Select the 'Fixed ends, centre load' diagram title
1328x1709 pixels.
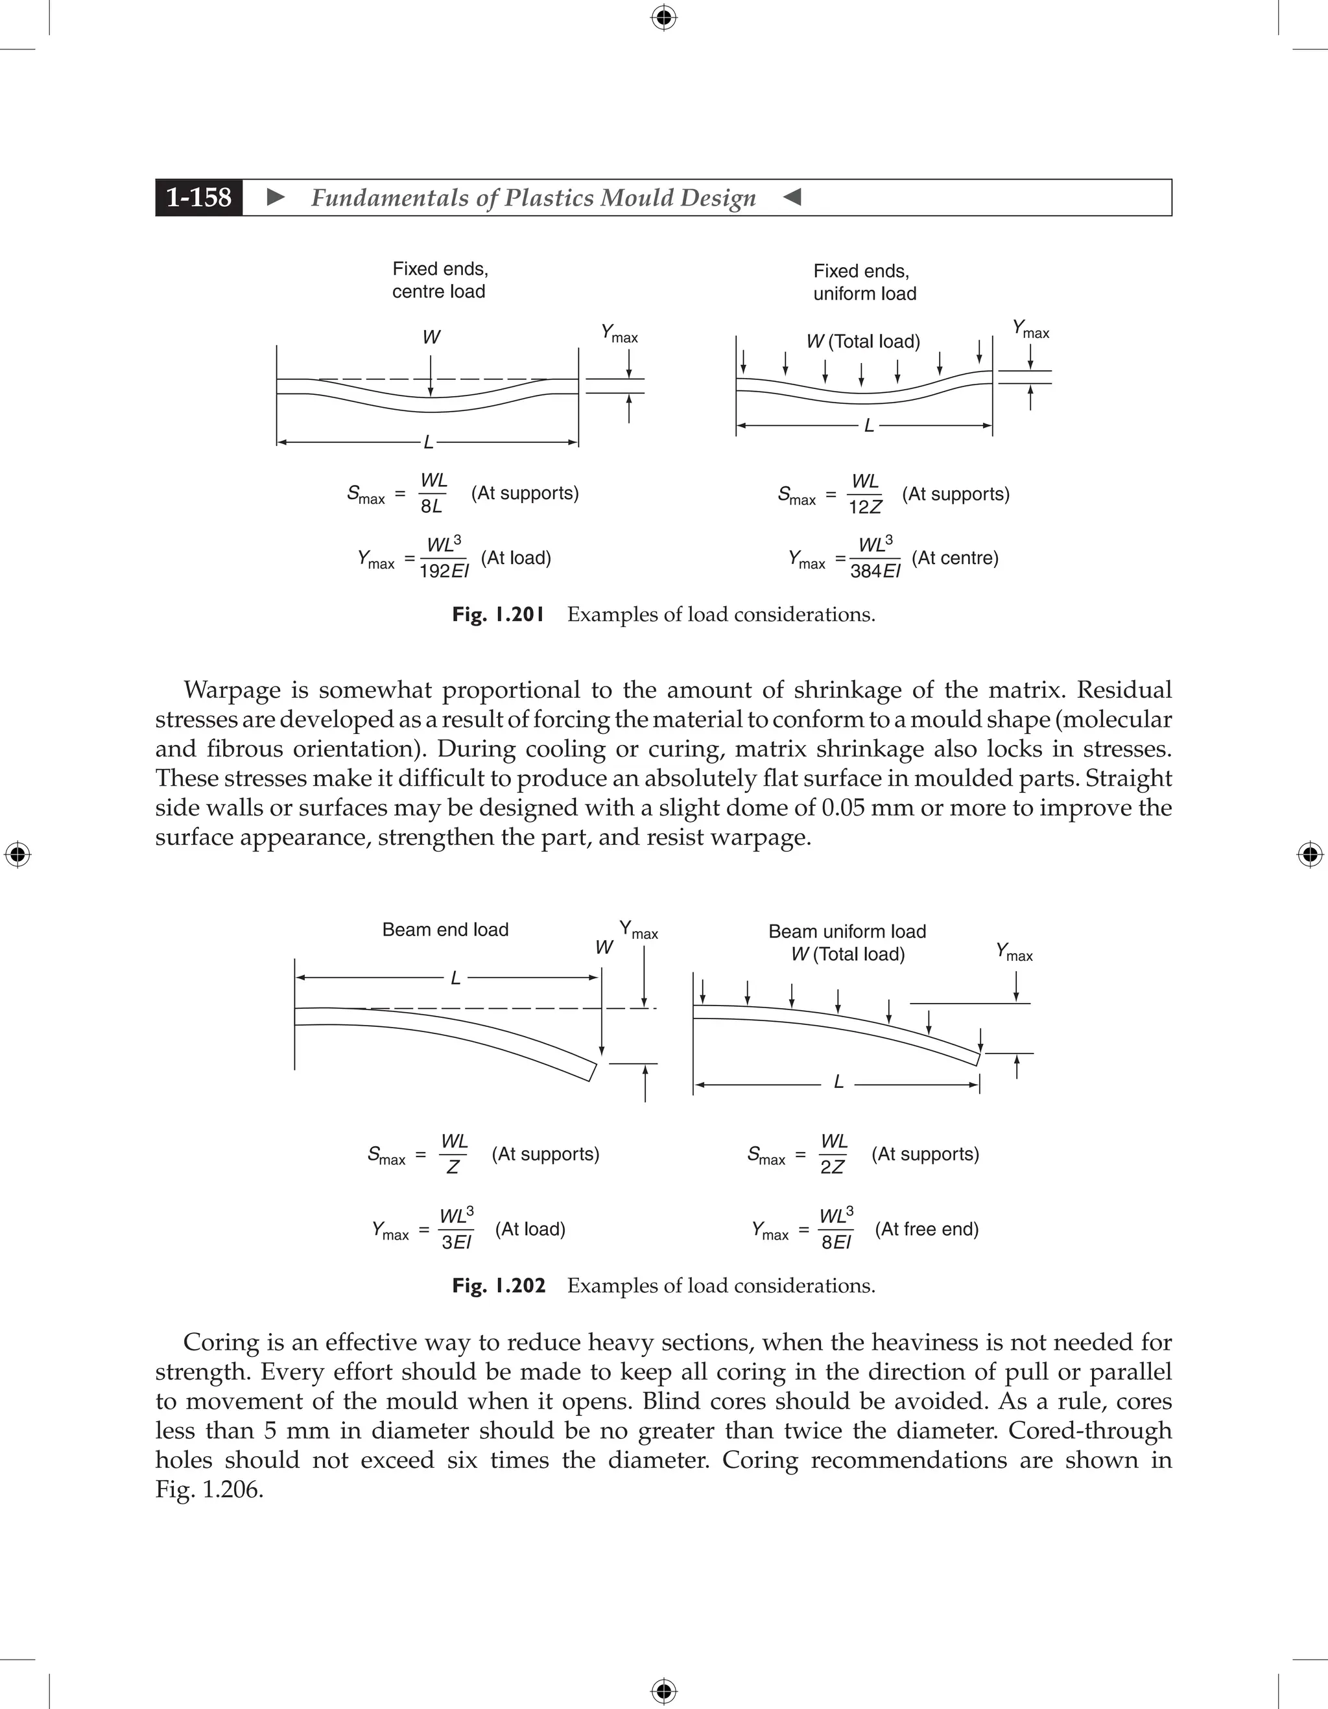point(439,280)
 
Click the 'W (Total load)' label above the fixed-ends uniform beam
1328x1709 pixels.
point(863,341)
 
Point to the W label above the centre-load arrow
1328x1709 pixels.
point(431,337)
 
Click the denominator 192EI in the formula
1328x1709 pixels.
point(444,571)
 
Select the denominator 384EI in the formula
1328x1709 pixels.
point(875,571)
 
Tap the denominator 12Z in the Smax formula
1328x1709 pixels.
point(865,507)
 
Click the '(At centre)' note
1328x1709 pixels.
point(954,558)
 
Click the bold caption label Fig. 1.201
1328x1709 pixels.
point(498,614)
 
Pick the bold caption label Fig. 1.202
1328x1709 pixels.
point(498,1286)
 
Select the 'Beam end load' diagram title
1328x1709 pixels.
point(445,930)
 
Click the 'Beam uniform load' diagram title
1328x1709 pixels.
point(847,931)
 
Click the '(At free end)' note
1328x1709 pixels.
point(927,1229)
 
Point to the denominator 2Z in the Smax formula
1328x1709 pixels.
point(832,1167)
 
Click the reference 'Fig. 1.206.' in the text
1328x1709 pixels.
point(209,1489)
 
